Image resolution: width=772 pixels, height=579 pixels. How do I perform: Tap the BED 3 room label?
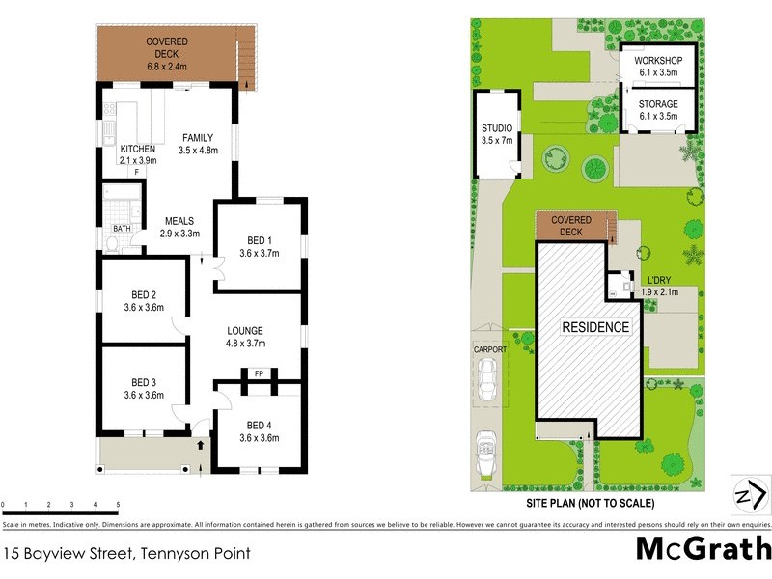pos(144,382)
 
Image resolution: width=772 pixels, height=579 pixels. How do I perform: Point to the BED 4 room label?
pos(258,425)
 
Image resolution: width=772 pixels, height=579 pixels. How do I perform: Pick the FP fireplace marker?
pos(258,372)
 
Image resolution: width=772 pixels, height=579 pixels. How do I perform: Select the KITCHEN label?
pos(137,149)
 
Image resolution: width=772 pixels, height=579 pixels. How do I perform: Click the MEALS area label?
pos(180,220)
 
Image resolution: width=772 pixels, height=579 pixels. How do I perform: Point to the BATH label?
pos(122,229)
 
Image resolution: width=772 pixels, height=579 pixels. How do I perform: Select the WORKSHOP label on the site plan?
pos(658,62)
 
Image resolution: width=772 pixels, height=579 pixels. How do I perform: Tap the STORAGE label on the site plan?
pos(658,104)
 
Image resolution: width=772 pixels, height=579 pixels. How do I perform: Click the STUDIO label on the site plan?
pos(497,128)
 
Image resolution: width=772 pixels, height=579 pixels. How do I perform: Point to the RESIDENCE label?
pos(595,327)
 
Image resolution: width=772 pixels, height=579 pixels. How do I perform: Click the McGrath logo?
pos(703,548)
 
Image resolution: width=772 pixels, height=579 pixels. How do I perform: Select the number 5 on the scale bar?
pos(118,505)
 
